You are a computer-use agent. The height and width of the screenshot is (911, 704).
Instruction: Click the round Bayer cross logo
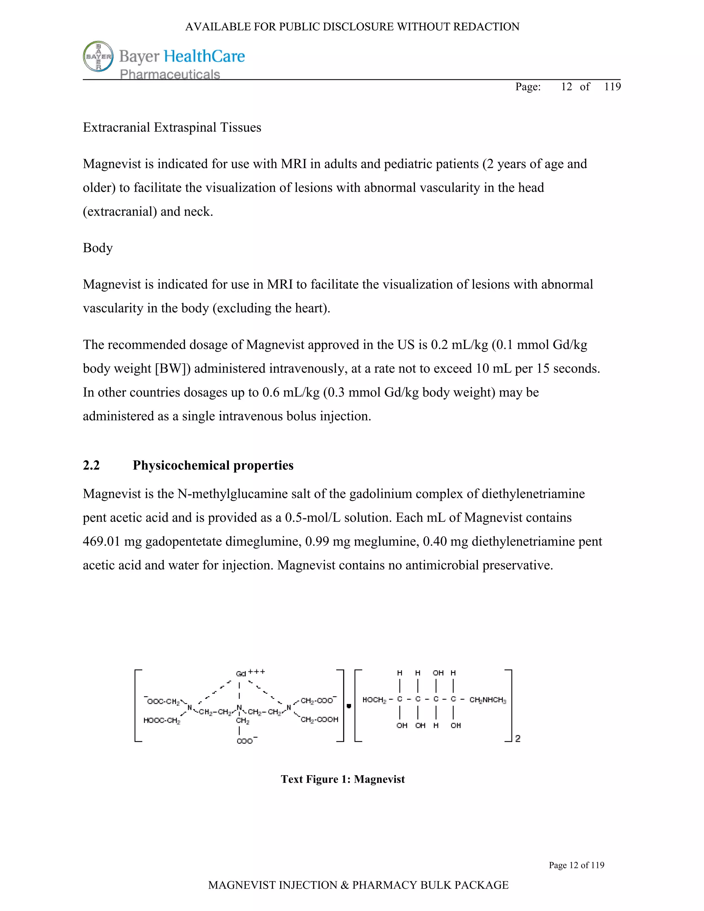[98, 56]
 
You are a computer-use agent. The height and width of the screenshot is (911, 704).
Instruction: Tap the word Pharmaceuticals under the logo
[170, 74]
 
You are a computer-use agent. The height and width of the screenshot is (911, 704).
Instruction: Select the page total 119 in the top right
[612, 86]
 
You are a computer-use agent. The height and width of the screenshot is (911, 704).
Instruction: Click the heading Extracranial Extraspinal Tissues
[172, 127]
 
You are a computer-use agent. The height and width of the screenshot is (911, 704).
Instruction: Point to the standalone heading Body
[98, 248]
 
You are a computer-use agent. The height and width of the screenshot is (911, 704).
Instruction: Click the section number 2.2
[91, 465]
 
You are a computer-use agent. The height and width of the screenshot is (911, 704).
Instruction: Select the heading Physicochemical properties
[213, 465]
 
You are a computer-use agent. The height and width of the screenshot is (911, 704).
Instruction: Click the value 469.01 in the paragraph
[101, 541]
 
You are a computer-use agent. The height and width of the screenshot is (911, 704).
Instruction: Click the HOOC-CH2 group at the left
[162, 720]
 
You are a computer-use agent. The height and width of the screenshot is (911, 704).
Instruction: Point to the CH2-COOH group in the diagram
[319, 720]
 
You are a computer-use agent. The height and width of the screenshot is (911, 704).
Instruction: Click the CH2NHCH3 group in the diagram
[487, 700]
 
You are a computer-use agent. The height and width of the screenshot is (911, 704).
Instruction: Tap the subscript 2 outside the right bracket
[518, 738]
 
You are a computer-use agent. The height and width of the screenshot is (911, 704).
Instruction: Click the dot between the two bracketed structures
[349, 706]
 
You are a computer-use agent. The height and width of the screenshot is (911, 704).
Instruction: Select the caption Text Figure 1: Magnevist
[342, 779]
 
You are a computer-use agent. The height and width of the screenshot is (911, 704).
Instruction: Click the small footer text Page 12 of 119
[576, 865]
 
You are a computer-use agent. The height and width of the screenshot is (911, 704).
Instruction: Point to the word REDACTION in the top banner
[486, 27]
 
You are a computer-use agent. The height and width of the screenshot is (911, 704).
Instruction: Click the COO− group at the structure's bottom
[246, 741]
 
